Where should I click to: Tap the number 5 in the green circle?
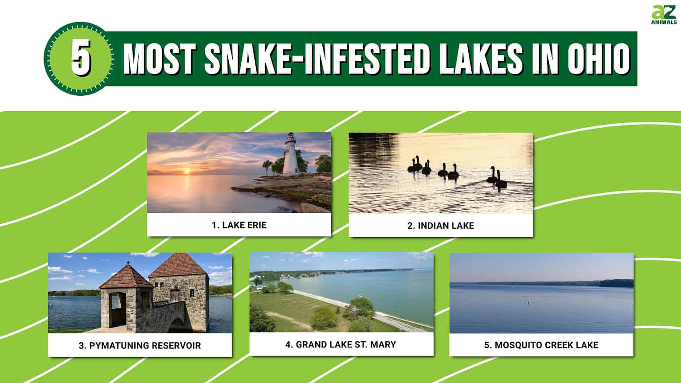81,59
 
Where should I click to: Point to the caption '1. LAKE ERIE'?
239,225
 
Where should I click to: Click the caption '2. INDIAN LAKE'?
441,226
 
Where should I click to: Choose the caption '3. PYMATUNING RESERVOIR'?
140,345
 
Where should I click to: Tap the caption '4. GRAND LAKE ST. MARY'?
340,344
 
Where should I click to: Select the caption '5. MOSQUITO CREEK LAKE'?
541,345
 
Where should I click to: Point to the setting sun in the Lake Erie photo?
187,171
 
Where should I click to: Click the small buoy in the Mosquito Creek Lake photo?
528,304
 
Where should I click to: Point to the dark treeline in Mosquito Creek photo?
616,283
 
